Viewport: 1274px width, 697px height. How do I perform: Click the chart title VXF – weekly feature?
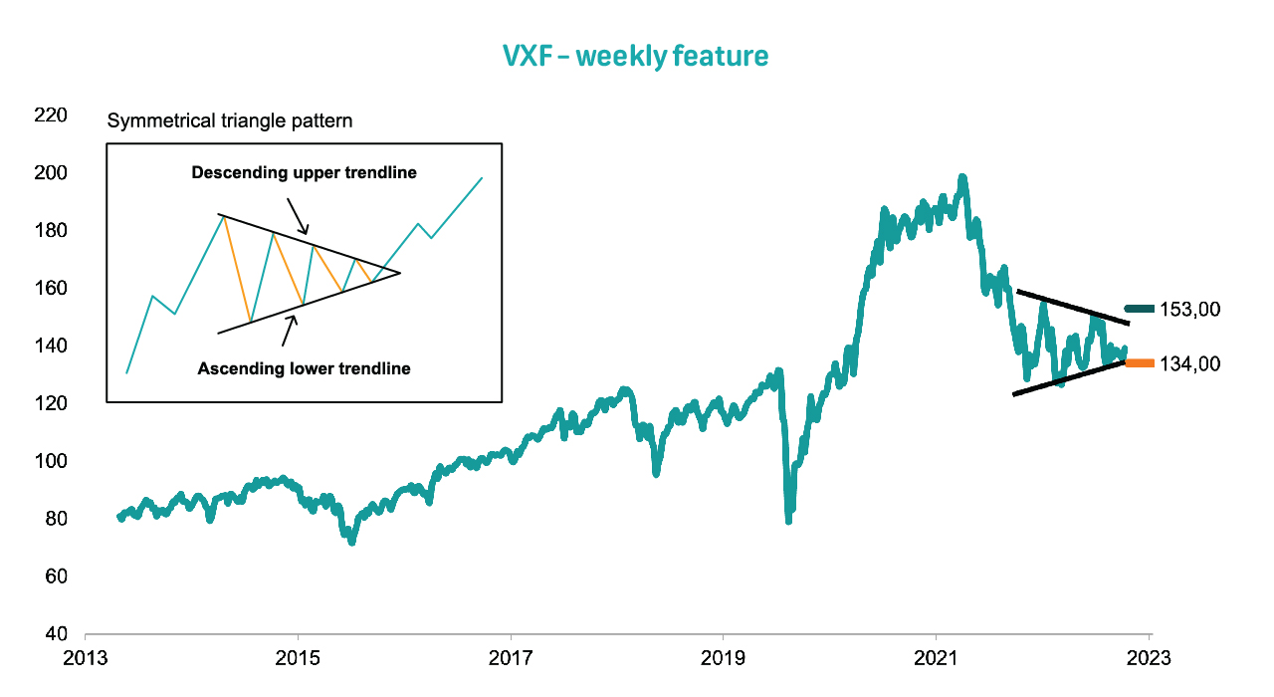636,56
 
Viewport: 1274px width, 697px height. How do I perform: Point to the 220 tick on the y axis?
51,116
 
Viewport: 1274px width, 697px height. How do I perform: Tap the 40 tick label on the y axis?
56,634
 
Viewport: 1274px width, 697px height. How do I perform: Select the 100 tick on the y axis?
51,461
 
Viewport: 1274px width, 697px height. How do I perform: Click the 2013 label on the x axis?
86,658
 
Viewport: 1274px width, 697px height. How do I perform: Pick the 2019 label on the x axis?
723,658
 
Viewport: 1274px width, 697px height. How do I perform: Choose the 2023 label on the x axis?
1149,658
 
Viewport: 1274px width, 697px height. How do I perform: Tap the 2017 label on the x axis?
510,658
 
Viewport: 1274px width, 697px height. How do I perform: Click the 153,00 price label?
1189,310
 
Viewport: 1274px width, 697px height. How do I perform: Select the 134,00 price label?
1189,364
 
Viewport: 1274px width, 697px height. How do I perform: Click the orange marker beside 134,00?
1140,363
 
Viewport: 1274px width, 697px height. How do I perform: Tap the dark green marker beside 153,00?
1140,309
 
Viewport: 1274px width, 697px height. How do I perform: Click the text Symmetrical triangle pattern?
230,121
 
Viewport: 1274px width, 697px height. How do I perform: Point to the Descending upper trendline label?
304,173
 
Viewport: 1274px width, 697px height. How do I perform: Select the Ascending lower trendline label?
304,368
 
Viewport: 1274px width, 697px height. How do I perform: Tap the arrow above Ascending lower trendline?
288,330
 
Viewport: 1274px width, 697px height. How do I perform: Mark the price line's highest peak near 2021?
961,178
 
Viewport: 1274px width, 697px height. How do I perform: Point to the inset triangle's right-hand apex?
399,273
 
